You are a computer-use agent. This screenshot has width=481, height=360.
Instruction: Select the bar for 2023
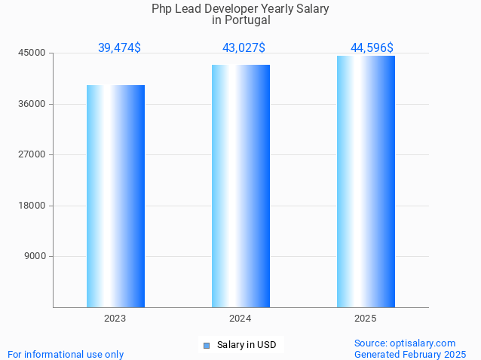[x=115, y=196]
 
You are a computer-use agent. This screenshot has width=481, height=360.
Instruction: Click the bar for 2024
[x=240, y=186]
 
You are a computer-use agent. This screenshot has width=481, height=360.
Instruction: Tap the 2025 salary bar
[x=366, y=182]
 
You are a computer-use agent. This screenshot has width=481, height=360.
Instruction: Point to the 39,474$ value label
[x=119, y=47]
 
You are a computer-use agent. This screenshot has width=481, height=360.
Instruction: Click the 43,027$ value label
[x=244, y=47]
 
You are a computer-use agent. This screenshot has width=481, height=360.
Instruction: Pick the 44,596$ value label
[x=372, y=47]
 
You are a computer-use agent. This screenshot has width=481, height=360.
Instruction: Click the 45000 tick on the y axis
[x=32, y=53]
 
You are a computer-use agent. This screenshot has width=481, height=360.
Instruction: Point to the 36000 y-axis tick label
[x=32, y=104]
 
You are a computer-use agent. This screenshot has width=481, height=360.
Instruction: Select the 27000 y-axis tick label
[x=32, y=155]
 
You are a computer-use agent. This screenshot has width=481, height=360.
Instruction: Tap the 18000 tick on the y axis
[x=32, y=206]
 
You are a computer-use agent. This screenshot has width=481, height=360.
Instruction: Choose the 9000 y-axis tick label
[x=35, y=257]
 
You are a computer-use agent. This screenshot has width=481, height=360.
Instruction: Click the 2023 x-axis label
[x=115, y=319]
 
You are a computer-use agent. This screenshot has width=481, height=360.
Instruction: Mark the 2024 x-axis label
[x=240, y=319]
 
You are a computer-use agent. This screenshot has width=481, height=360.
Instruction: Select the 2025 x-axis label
[x=366, y=319]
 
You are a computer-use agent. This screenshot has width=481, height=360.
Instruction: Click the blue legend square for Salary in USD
[x=206, y=346]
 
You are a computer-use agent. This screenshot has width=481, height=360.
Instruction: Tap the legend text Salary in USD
[x=247, y=346]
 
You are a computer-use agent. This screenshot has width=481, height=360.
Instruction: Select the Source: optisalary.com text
[x=405, y=343]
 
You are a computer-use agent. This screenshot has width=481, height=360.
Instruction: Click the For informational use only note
[x=66, y=354]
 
